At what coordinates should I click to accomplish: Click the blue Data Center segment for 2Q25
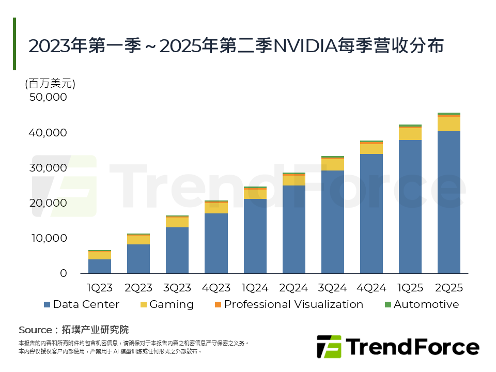[x=448, y=202]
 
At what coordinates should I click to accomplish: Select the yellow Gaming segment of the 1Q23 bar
[x=100, y=255]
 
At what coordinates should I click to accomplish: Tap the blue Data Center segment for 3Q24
[x=332, y=222]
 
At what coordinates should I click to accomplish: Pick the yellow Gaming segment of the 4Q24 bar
[x=371, y=149]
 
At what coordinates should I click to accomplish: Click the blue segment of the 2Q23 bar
[x=138, y=259]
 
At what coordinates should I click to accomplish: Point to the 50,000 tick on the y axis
[x=48, y=97]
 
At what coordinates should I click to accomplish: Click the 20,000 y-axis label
[x=48, y=203]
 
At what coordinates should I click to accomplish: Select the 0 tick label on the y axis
[x=63, y=273]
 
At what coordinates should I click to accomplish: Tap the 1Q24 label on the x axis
[x=255, y=288]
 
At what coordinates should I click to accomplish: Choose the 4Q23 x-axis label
[x=216, y=288]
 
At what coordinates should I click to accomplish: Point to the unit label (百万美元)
[x=50, y=83]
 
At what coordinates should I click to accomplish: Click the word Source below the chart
[x=35, y=330]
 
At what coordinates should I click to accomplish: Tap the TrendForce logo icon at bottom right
[x=329, y=347]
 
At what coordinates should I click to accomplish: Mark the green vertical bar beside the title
[x=14, y=44]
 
